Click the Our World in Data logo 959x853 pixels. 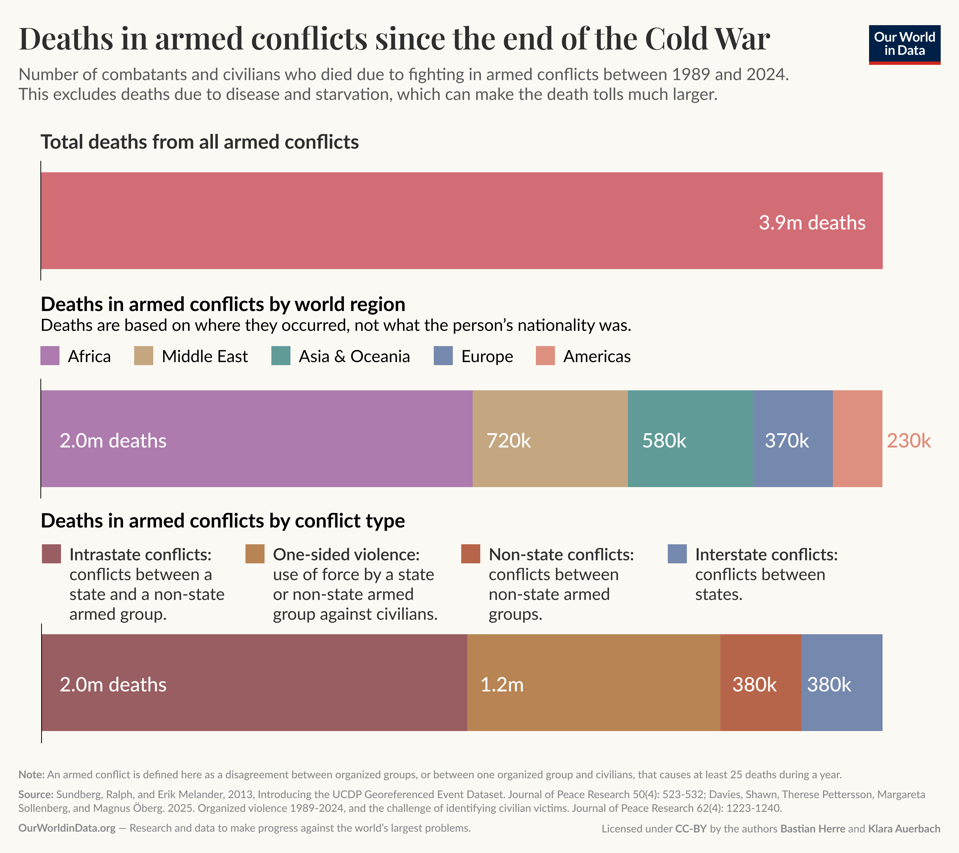click(904, 44)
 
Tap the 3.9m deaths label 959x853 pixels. click(812, 223)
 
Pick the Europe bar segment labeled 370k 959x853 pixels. click(793, 439)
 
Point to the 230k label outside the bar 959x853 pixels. click(908, 441)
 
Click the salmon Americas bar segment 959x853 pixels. click(857, 439)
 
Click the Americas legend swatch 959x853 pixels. click(545, 356)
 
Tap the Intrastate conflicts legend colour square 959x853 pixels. click(51, 554)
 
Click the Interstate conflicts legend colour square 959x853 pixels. click(677, 554)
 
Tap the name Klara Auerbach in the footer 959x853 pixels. click(904, 829)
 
